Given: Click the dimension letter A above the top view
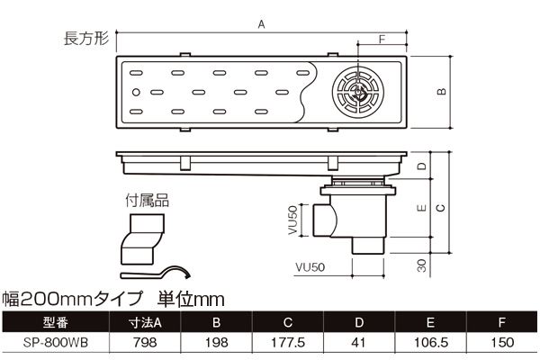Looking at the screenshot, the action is (x=261, y=24).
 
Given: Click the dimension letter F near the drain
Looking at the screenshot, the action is (x=382, y=40).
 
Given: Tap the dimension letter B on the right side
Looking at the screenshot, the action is (x=441, y=92).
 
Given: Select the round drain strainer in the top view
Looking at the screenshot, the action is (x=358, y=92).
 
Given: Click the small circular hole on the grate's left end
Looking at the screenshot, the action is (x=136, y=92).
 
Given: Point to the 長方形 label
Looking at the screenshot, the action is (x=86, y=38).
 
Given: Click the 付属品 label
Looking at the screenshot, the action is (x=147, y=200).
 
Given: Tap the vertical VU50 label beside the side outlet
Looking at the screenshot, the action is (x=292, y=220).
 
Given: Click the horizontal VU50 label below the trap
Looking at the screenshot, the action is (x=310, y=267).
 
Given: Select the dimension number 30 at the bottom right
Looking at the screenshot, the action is (x=421, y=265).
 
